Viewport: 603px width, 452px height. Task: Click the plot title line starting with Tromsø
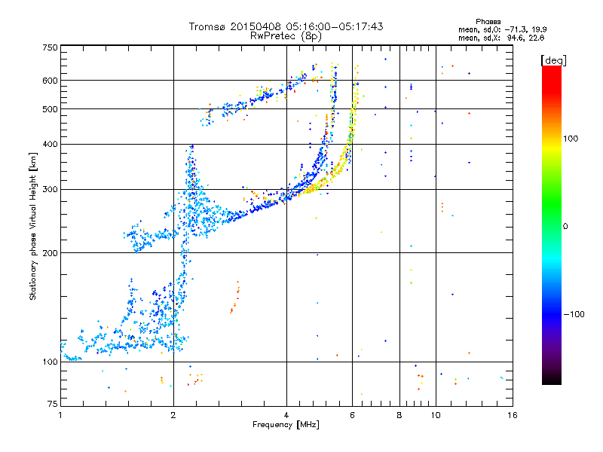coord(286,26)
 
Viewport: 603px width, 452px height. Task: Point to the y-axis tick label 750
coord(50,47)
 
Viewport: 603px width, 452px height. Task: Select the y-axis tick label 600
coord(50,81)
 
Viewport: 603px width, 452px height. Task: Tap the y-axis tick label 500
coord(50,109)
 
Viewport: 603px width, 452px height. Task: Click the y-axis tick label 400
coord(50,144)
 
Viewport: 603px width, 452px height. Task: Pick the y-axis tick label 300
coord(50,189)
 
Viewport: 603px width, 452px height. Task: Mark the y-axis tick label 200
coord(50,253)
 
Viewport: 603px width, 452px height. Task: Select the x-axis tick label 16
coord(512,414)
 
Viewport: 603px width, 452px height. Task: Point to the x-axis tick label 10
coord(435,414)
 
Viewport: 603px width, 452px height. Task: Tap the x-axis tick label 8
coord(399,414)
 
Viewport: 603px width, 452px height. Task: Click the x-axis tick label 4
coord(286,414)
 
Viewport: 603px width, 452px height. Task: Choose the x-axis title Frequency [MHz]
coord(286,425)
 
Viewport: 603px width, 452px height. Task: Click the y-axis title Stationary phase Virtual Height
coord(33,226)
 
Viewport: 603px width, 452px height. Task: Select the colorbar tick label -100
coord(575,314)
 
